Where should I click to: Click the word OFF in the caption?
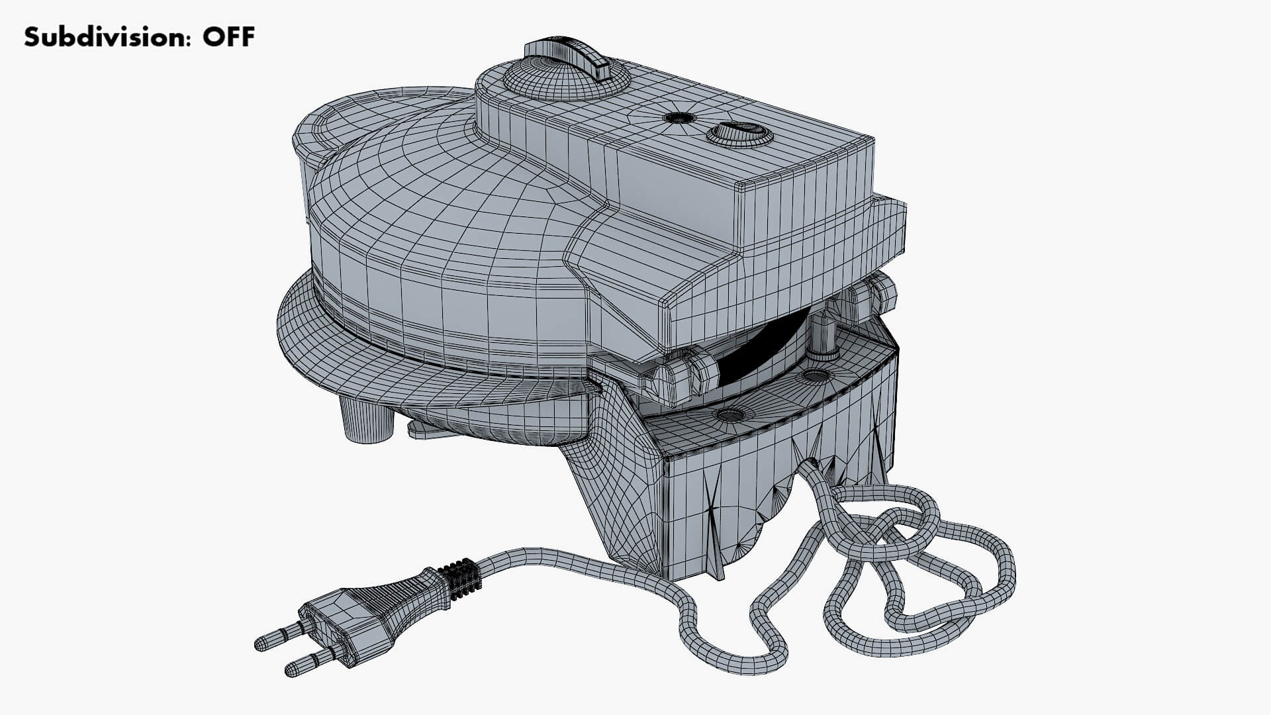[228, 37]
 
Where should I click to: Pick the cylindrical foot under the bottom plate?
[364, 418]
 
